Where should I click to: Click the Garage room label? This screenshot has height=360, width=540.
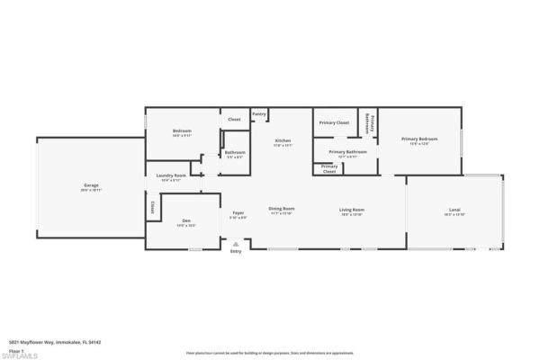(x=91, y=186)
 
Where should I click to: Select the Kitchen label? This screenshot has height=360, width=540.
(x=283, y=141)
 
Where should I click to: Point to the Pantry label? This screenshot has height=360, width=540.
(x=259, y=114)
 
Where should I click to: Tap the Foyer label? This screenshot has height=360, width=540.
(x=238, y=212)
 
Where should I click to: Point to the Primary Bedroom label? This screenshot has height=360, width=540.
(x=419, y=139)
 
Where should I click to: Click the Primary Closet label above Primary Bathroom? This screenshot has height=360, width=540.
(x=335, y=121)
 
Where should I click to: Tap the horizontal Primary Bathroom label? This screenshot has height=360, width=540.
(x=346, y=152)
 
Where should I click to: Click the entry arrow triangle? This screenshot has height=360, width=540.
(x=236, y=243)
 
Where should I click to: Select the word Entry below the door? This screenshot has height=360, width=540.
(x=236, y=251)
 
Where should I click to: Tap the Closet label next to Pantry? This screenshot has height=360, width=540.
(x=234, y=119)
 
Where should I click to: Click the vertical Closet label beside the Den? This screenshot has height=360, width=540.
(x=153, y=206)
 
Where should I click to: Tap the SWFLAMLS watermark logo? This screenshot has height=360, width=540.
(x=20, y=354)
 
